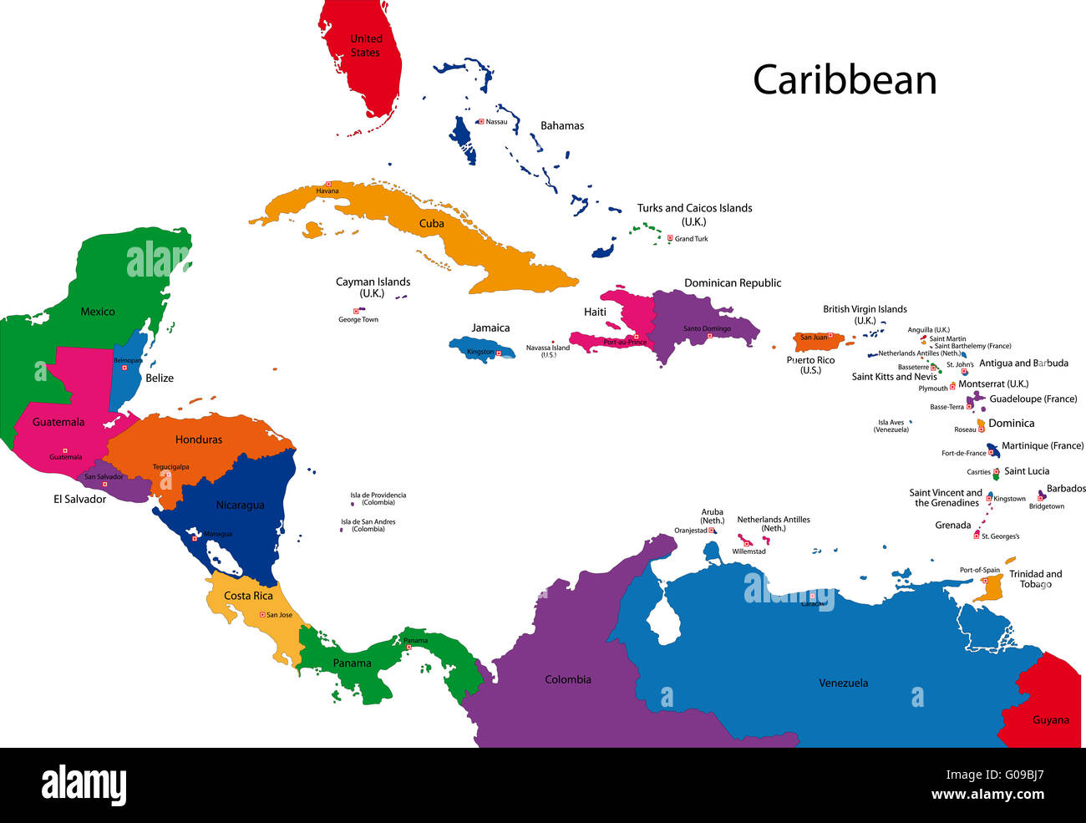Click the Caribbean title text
[845, 80]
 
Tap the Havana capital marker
[328, 184]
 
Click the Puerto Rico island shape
[816, 341]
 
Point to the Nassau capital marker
[481, 122]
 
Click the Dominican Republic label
[733, 283]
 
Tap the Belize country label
[160, 378]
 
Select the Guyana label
[1050, 720]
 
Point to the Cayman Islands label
[373, 287]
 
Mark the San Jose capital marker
[262, 615]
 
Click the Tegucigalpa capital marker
[168, 475]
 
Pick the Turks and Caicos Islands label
[694, 214]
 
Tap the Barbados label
[1066, 489]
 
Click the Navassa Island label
[548, 351]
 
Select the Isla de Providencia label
[378, 499]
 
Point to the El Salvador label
[79, 500]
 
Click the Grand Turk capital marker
[670, 238]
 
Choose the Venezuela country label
[843, 683]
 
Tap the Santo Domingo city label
[707, 329]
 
